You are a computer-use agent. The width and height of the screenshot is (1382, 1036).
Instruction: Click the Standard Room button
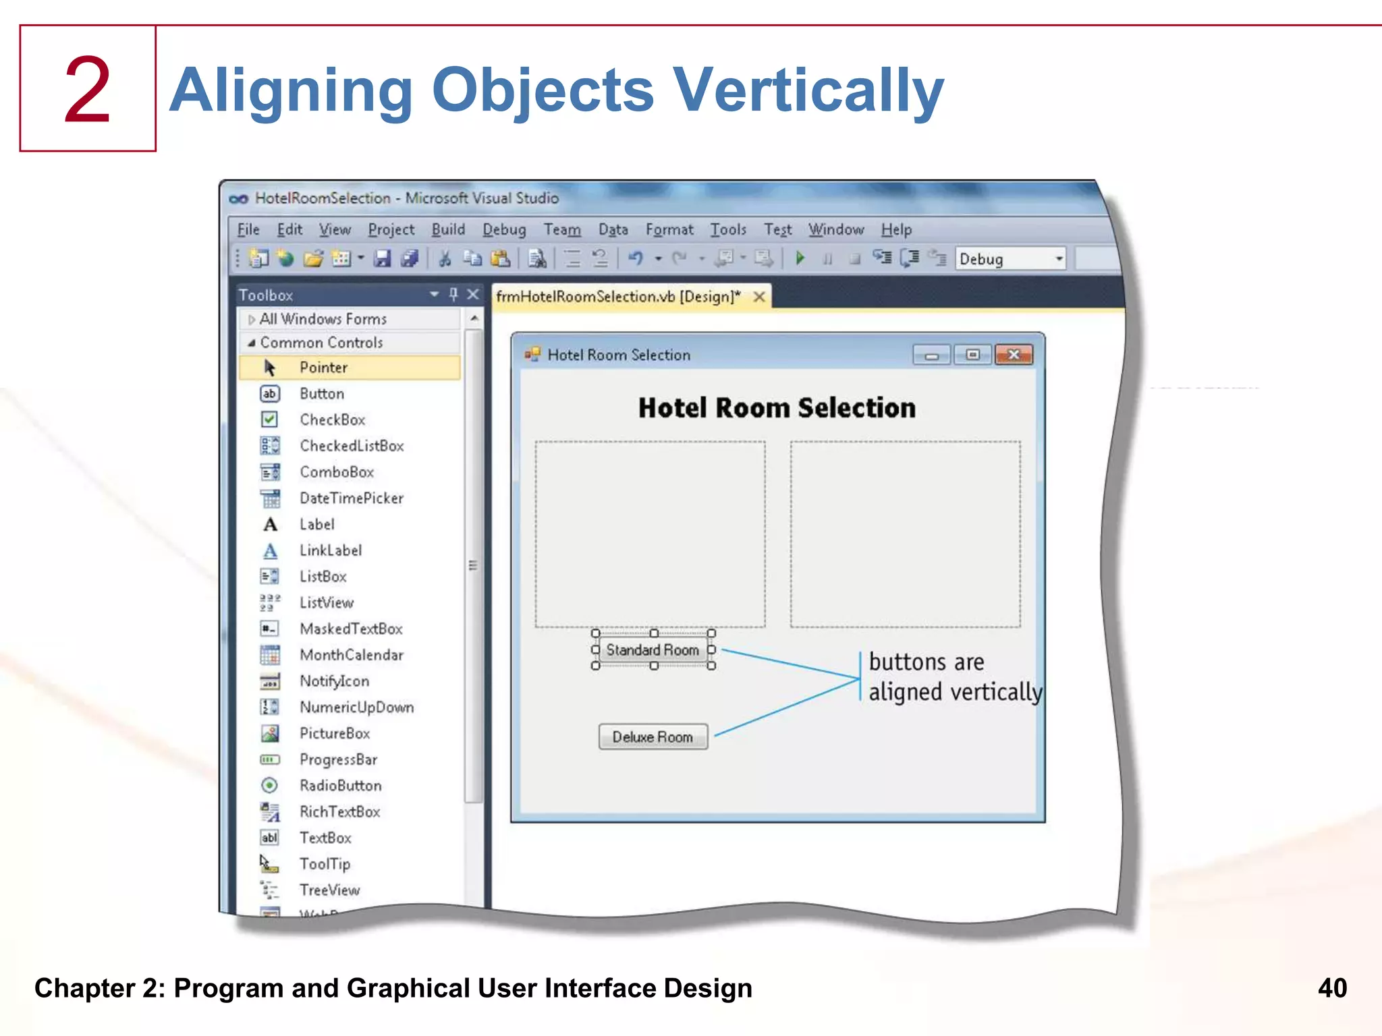pyautogui.click(x=653, y=650)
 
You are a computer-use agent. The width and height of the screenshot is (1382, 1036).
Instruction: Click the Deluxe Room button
pyautogui.click(x=653, y=737)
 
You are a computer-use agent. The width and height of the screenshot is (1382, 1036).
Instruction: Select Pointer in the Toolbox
pyautogui.click(x=323, y=368)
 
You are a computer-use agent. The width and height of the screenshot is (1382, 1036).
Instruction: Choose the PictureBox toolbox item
pyautogui.click(x=334, y=733)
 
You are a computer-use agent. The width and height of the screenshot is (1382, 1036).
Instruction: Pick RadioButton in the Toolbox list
pyautogui.click(x=340, y=786)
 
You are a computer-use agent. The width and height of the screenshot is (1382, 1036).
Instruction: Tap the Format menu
pyautogui.click(x=669, y=230)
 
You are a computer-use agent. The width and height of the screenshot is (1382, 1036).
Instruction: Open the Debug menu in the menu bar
pyautogui.click(x=503, y=230)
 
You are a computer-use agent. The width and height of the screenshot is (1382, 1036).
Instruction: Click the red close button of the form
pyautogui.click(x=1013, y=355)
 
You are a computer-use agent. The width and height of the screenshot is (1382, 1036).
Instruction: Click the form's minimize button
pyautogui.click(x=932, y=355)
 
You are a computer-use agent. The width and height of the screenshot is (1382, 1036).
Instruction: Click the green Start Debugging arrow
pyautogui.click(x=800, y=258)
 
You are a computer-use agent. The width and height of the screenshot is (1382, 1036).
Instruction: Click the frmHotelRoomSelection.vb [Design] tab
pyautogui.click(x=618, y=297)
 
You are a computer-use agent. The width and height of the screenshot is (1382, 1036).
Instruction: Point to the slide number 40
pyautogui.click(x=1331, y=988)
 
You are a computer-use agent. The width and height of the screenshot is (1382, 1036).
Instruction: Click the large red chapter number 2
pyautogui.click(x=88, y=90)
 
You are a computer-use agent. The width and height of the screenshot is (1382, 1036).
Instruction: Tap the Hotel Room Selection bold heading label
pyautogui.click(x=777, y=408)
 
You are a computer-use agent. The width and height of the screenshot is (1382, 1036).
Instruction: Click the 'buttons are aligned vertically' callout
pyautogui.click(x=953, y=677)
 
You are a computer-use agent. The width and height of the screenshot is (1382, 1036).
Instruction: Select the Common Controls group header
pyautogui.click(x=321, y=343)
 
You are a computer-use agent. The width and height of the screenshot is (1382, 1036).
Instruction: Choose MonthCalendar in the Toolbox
pyautogui.click(x=351, y=655)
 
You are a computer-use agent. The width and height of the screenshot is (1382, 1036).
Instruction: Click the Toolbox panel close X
pyautogui.click(x=473, y=295)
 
